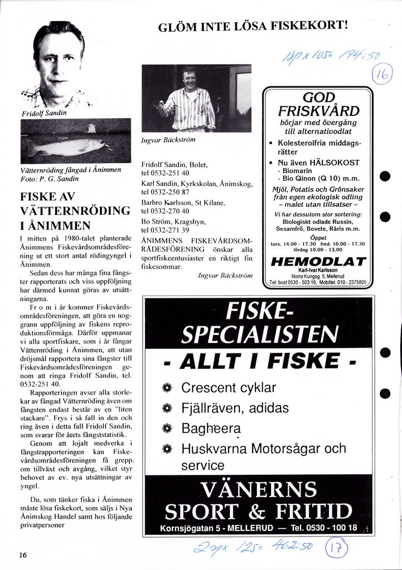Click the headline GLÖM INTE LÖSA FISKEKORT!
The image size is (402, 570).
(x=253, y=26)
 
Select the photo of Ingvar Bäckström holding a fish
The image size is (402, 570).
(x=196, y=98)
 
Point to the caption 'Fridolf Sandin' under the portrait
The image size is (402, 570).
(x=44, y=113)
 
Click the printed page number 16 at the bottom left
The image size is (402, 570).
(x=23, y=554)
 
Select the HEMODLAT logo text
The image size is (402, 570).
(x=318, y=262)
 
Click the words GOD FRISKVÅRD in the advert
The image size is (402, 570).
(x=318, y=104)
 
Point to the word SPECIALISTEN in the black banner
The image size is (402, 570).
(x=260, y=334)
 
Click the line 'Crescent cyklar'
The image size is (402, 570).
(x=229, y=388)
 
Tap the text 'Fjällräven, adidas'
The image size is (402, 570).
(x=235, y=408)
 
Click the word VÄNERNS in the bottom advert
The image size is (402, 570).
(x=259, y=489)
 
